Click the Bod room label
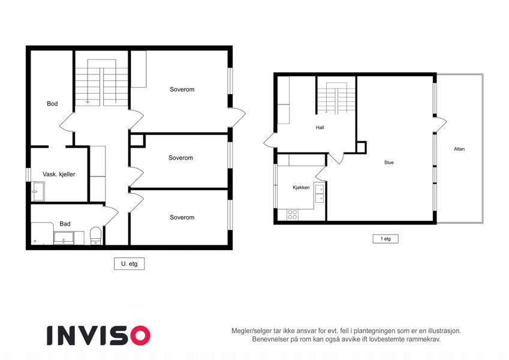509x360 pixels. tap(52, 104)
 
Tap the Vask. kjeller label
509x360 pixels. tap(59, 174)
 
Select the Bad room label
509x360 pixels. tap(65, 224)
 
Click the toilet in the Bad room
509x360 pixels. tap(96, 235)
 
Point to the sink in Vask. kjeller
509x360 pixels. tap(38, 191)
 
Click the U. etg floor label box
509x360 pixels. tap(129, 264)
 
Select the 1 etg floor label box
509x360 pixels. tap(385, 239)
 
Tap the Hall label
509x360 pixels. tap(320, 128)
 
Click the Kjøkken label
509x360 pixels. tap(301, 187)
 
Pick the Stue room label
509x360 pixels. tap(389, 163)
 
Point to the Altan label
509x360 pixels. tap(459, 149)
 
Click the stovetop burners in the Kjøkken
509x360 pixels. tap(293, 214)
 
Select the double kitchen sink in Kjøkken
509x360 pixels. tap(320, 193)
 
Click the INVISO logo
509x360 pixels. tap(99, 335)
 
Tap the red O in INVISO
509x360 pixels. tap(140, 335)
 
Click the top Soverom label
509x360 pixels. tap(182, 89)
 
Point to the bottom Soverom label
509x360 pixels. tap(182, 217)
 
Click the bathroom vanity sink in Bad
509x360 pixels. tap(64, 238)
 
